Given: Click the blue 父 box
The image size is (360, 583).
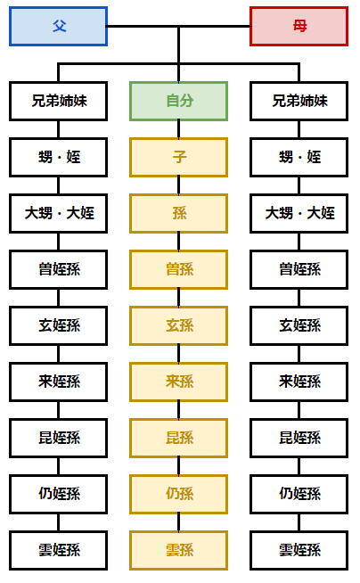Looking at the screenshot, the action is coord(58,27).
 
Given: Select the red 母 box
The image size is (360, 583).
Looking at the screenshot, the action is coord(299,27).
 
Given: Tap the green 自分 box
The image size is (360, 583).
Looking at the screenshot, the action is coord(179,101).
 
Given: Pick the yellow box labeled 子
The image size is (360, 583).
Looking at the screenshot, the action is coord(179,157).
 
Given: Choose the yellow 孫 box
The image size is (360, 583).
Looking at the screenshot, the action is coord(179,213).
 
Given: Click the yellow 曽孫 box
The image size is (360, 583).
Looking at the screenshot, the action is coord(179,269).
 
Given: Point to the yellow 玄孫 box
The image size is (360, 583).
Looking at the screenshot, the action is coord(179,325).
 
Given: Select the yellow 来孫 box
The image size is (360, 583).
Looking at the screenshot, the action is coord(179,382).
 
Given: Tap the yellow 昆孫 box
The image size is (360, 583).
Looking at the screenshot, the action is coord(179,438).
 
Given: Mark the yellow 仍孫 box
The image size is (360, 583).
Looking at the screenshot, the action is coord(179,494).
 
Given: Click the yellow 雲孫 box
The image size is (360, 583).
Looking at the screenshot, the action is coord(179,550).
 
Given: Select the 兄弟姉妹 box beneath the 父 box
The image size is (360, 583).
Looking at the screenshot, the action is coord(58,101).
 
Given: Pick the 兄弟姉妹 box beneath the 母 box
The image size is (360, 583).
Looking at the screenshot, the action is coord(299,101).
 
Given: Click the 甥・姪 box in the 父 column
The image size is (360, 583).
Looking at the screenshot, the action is coord(58,157).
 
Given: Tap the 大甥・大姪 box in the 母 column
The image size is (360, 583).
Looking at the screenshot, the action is coord(299,213).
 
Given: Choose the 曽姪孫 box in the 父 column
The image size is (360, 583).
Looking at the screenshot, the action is coord(58,269).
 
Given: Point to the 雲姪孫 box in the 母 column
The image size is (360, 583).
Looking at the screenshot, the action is coord(299,550).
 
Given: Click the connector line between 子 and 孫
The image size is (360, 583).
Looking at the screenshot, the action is coord(179,185).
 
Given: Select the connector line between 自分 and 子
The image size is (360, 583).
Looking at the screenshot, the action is coord(179,129).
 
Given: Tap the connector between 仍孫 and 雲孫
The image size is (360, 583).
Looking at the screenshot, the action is coord(179,522).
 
